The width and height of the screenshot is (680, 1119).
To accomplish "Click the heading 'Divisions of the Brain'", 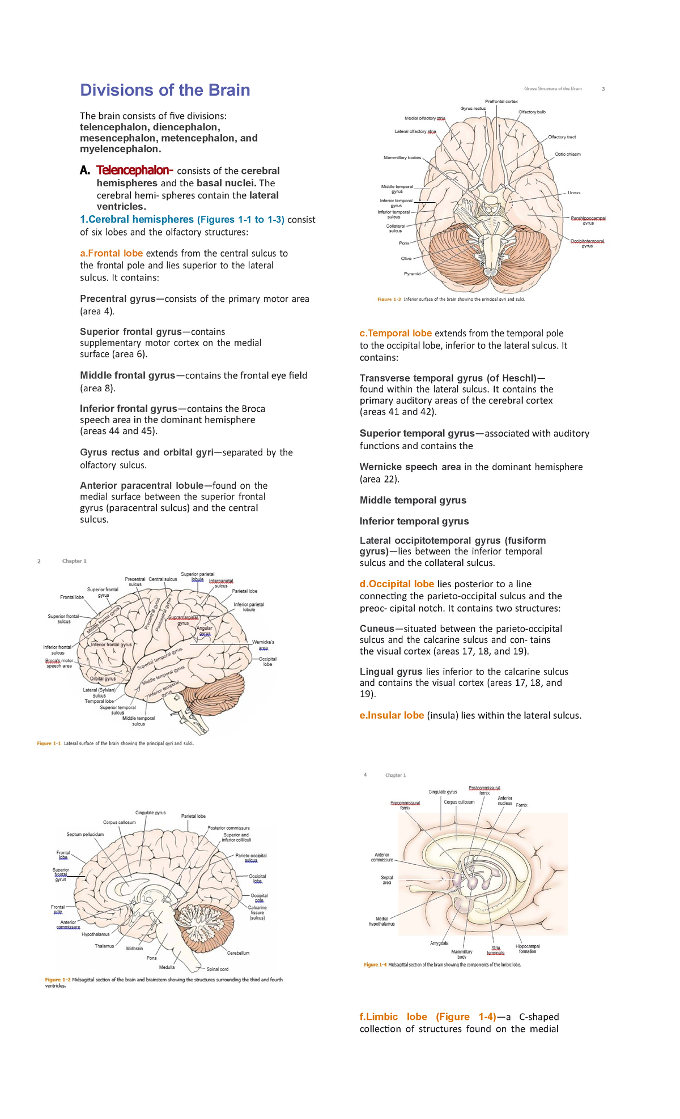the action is pos(165,90).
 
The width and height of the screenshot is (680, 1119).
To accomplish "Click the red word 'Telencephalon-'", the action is pos(134,170).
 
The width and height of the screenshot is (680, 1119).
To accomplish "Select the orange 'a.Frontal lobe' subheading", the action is pos(111,253).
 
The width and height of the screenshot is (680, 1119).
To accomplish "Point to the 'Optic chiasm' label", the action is pos(567,154).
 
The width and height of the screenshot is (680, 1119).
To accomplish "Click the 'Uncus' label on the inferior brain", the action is pos(573,193).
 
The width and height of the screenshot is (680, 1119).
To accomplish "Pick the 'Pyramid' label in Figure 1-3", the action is pos(412,274).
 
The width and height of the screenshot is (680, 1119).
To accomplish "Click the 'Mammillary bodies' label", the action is pos(402,157).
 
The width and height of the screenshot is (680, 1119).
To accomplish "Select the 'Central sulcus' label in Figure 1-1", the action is pos(163,579).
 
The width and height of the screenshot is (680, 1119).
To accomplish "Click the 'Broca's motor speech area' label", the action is pos(59,663).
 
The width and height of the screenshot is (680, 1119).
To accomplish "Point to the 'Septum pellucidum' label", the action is pos(85,834).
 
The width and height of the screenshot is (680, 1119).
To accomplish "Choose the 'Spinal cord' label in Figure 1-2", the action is pos(218,969).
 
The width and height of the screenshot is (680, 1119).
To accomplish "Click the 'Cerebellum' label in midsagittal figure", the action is pos(238,953).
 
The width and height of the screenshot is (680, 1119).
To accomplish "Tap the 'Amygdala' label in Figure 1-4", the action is pos(439,943).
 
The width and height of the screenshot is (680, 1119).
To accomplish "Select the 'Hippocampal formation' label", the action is pos(527,949).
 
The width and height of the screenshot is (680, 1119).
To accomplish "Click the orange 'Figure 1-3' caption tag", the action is pos(389,299).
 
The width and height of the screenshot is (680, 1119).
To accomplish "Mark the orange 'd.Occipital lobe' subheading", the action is pos(397,584).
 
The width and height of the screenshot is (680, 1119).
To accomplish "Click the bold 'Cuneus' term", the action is pos(376,629).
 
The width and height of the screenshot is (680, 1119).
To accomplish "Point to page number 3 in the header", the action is pos(603,89).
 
